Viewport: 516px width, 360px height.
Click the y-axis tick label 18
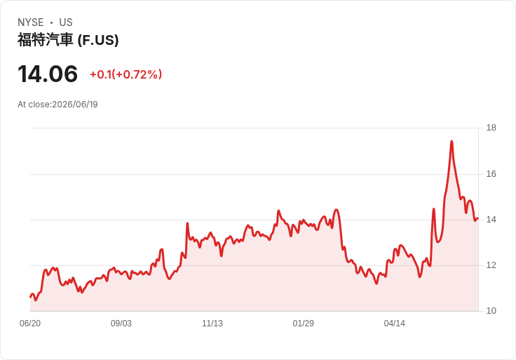tap(491, 128)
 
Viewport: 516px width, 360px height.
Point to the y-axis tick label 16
tap(491, 174)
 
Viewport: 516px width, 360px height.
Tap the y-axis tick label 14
tap(491, 220)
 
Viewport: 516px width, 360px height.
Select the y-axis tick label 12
tap(491, 265)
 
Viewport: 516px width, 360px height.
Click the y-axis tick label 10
tap(491, 311)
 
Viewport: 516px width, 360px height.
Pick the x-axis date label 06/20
tap(30, 324)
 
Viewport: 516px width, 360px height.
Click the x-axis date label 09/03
tap(121, 324)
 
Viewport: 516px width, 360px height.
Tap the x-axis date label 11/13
tap(212, 324)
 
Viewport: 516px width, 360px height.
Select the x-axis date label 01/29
tap(303, 324)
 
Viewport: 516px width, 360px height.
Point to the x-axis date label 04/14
tap(394, 324)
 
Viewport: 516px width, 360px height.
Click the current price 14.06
tap(48, 74)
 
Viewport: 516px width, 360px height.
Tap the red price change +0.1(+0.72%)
tap(126, 74)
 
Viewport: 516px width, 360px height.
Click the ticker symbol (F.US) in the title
tap(98, 40)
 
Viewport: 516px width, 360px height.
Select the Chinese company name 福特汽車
tap(46, 40)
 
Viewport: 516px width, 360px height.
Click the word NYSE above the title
tap(31, 22)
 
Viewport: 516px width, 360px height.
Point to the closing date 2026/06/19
tap(75, 105)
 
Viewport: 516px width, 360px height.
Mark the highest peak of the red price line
tap(451, 141)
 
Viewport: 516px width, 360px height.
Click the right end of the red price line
tap(478, 218)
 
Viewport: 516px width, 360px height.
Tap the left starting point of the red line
tap(30, 297)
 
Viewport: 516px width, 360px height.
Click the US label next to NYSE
tap(66, 22)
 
